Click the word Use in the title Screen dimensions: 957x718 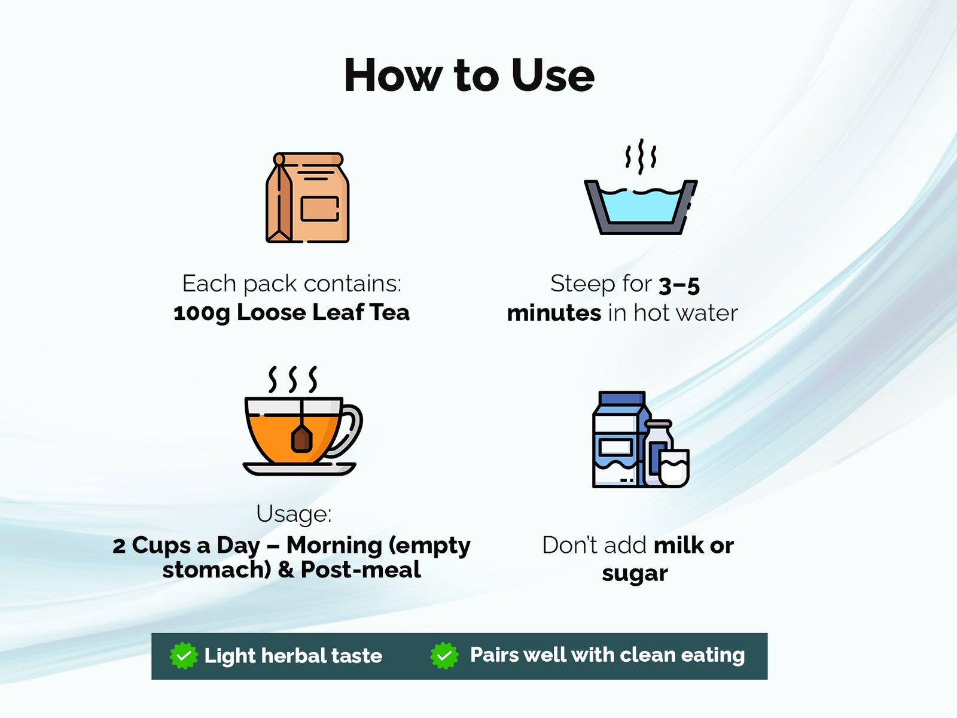[553, 75]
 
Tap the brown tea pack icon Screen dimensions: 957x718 [307, 197]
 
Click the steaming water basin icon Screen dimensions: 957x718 [641, 187]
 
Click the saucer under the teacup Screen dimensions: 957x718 [300, 468]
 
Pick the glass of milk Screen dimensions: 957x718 [673, 468]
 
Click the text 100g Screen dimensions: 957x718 [202, 313]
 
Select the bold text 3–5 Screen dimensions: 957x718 [679, 285]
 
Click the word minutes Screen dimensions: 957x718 [554, 313]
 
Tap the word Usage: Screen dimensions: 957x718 [294, 513]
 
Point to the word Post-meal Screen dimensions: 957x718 [361, 570]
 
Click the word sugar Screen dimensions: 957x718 [635, 573]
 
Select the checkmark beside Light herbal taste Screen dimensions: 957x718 [184, 656]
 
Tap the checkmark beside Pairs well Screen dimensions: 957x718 [444, 655]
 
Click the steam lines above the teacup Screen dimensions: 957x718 [292, 380]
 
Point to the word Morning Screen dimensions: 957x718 [334, 546]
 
